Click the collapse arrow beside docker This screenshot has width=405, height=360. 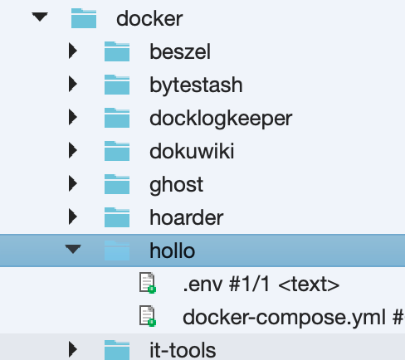coord(40,17)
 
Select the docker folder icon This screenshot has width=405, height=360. coord(84,18)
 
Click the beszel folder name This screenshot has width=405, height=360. coord(180,51)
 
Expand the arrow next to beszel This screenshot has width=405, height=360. coord(73,51)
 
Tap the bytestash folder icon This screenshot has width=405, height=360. coord(117,85)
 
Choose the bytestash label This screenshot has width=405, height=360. coord(196,85)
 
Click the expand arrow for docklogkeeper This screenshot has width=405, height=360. coord(73,117)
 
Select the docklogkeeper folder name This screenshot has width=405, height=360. coord(221,119)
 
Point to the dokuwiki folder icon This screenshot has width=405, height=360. coord(117,151)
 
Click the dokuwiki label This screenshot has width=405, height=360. coord(192,151)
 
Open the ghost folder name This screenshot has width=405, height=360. coord(177,185)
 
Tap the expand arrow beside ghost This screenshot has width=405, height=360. coord(73,183)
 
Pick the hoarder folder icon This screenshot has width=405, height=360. coord(117,217)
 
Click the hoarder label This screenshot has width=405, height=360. coord(187,217)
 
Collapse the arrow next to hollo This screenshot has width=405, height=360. coord(73,249)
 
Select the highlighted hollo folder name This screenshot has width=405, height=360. coord(173,251)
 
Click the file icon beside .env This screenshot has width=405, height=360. coord(148,283)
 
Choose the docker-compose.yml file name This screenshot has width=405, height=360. coord(284,318)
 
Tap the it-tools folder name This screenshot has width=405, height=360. coord(183,350)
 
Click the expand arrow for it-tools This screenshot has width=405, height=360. coord(73,349)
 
